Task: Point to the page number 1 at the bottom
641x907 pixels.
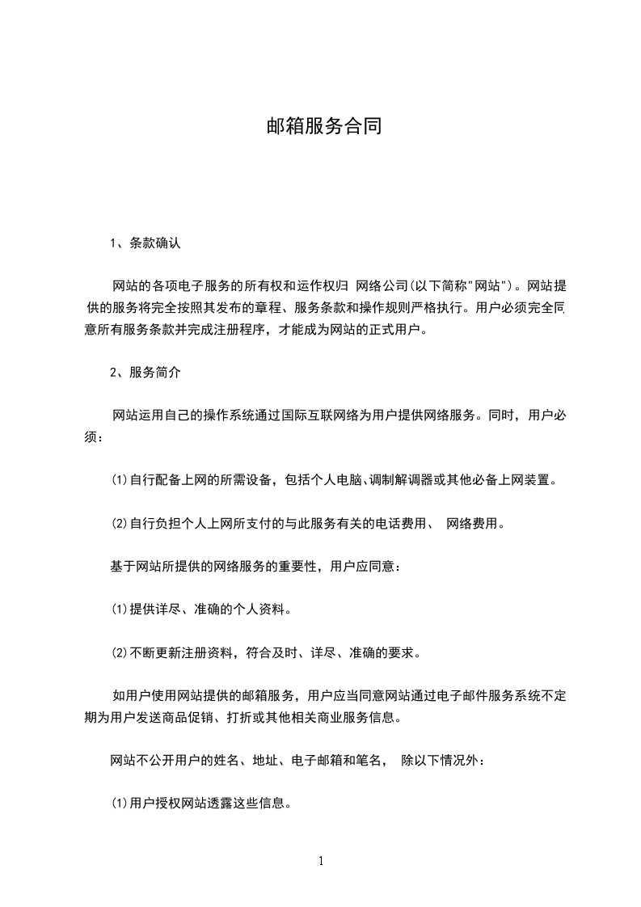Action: [321, 861]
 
